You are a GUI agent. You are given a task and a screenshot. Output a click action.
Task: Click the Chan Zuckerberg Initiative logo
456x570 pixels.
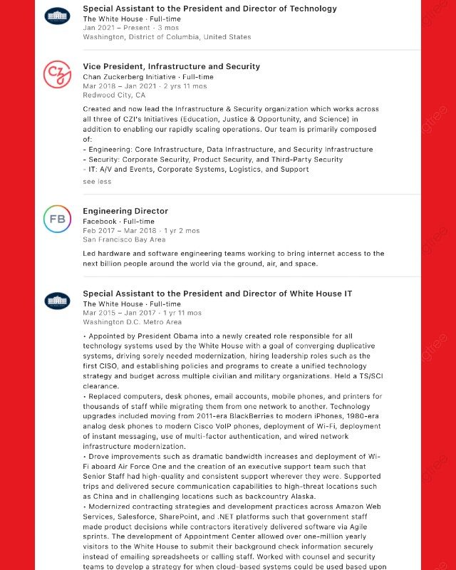pos(57,75)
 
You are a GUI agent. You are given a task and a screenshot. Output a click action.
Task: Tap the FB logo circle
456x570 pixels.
pos(57,219)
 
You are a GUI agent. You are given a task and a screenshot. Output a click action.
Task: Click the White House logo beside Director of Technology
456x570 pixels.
pos(57,16)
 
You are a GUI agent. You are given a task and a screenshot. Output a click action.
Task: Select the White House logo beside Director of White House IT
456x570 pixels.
pos(57,301)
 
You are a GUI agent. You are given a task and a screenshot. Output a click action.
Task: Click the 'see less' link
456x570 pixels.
pos(97,181)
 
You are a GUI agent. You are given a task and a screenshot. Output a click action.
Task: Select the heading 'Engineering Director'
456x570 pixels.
pos(125,211)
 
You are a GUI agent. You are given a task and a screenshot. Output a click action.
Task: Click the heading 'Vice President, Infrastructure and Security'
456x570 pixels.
pos(171,66)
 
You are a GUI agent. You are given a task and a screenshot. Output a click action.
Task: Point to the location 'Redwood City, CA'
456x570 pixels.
pos(114,95)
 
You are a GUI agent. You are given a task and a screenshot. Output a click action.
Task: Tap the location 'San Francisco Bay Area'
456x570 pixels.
pos(124,239)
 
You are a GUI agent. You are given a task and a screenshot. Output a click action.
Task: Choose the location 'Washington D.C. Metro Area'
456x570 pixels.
pos(132,322)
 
